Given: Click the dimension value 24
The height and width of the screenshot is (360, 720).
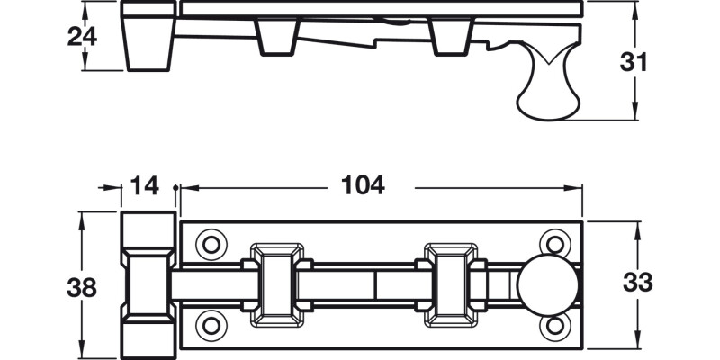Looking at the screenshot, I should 82,37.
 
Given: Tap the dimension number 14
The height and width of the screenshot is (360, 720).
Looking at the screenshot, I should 144,185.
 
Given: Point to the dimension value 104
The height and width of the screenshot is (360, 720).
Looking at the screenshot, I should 363,185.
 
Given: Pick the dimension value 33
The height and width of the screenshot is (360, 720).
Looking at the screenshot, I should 638,282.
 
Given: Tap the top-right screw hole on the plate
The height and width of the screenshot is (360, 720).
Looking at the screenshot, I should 553,244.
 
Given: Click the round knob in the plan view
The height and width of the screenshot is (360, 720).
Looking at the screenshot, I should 547,283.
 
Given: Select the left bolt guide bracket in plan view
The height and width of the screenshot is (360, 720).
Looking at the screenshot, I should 276,283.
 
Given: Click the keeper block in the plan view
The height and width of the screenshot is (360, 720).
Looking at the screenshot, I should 148,283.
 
